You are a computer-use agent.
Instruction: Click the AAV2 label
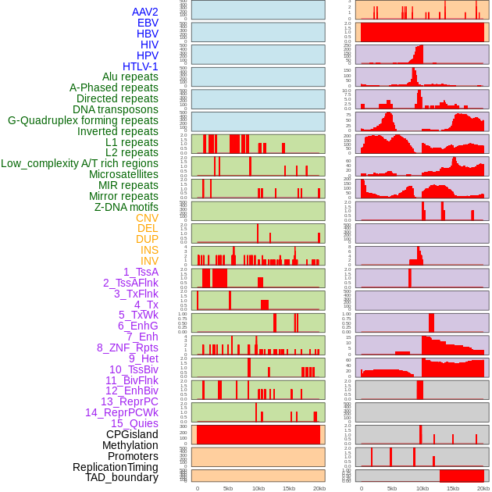coord(145,12)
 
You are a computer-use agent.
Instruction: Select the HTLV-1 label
coord(141,66)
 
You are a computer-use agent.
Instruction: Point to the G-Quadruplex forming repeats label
coord(83,120)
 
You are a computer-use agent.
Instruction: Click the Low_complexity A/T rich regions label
coord(80,163)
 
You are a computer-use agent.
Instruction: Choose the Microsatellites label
coord(123,174)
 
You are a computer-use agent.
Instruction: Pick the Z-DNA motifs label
coord(127,207)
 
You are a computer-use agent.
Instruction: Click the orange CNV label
coord(147,218)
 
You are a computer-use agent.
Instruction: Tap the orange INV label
coord(149,261)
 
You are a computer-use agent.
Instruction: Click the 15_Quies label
coord(134,423)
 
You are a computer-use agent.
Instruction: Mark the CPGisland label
coord(132,434)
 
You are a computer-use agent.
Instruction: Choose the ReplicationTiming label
coord(115,467)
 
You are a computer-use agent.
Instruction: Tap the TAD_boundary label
coord(121,477)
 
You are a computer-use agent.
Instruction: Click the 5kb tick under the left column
coord(228,488)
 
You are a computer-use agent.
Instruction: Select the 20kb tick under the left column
coord(319,488)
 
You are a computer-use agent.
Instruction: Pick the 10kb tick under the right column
coord(422,488)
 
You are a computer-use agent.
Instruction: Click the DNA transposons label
coord(116,109)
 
